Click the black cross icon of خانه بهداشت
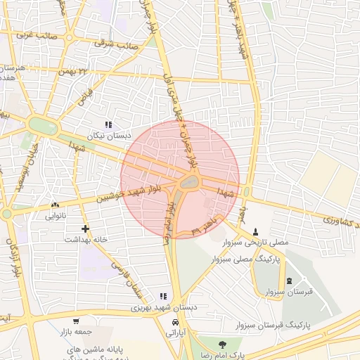pos(85,229)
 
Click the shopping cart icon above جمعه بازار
pos(76,321)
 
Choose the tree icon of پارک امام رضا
pos(223,345)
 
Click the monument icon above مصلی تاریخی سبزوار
pos(255,231)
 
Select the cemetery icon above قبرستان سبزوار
pos(288,280)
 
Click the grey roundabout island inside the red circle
pos(188,183)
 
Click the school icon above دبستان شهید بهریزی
pos(163,297)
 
